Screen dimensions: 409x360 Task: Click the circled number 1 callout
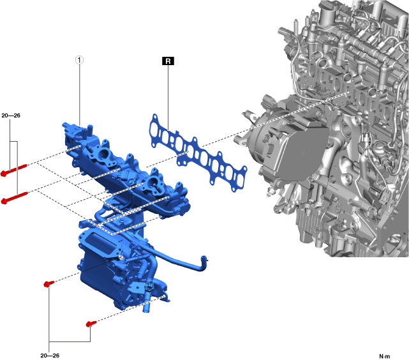coord(80,60)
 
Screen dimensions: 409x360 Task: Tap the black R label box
coord(168,61)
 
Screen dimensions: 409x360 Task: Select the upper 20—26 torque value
coord(11,116)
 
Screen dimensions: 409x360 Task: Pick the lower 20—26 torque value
coord(50,356)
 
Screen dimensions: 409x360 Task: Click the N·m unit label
coord(385,356)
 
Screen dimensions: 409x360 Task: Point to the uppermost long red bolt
coord(14,170)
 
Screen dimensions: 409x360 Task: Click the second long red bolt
coord(15,197)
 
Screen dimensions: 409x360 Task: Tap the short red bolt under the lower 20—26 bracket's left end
coord(48,283)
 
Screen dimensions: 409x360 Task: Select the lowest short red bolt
coord(91,324)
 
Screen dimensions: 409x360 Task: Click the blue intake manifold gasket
coord(198,153)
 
